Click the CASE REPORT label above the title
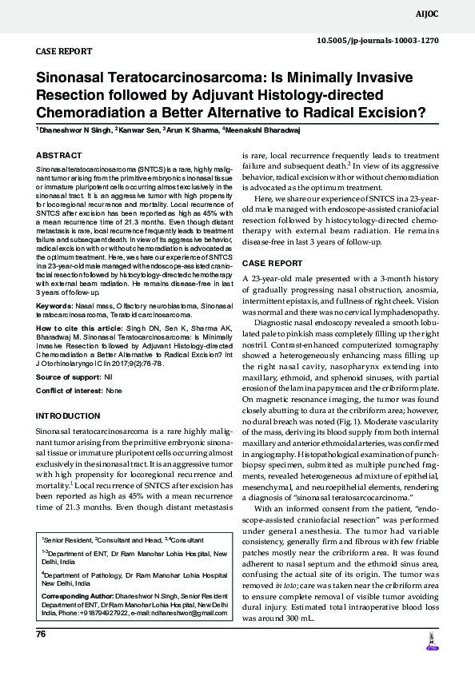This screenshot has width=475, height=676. click(x=64, y=50)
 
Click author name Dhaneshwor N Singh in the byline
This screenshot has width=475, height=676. click(x=73, y=129)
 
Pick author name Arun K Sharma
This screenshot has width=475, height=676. click(x=193, y=129)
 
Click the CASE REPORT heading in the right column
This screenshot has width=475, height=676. click(x=273, y=263)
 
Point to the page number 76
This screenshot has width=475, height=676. click(x=41, y=634)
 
